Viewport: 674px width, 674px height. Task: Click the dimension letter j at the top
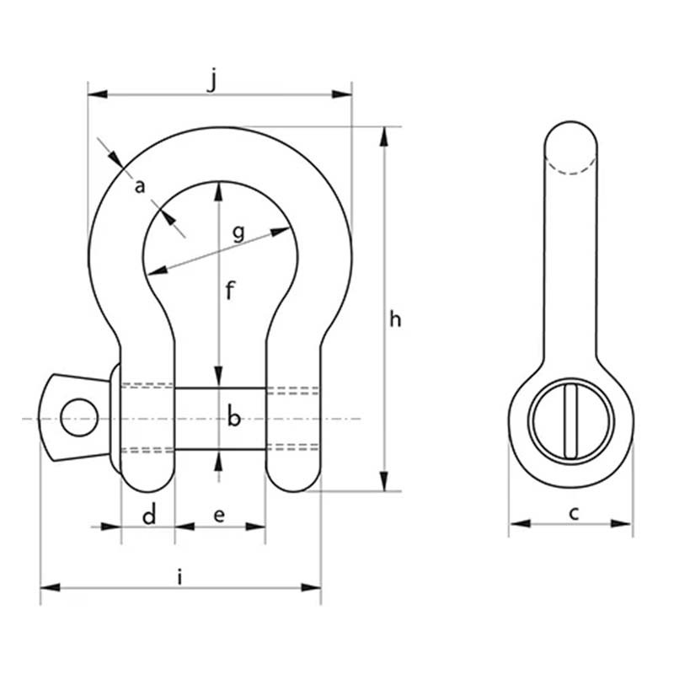click(212, 81)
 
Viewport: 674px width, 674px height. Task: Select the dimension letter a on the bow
click(140, 186)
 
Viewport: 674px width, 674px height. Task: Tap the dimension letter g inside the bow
click(238, 233)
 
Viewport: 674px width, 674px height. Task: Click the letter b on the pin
click(234, 416)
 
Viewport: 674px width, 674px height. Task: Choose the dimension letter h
click(395, 319)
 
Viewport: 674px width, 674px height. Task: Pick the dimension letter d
click(149, 514)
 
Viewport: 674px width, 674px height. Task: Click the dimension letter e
click(219, 516)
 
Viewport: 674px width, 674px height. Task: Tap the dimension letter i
click(179, 577)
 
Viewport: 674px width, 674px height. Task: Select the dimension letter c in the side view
click(574, 513)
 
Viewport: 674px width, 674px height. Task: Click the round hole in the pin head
click(79, 417)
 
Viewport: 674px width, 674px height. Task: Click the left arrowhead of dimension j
click(98, 94)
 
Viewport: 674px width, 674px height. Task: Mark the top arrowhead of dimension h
click(384, 136)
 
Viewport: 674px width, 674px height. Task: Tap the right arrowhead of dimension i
click(311, 587)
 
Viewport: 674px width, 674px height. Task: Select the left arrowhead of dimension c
click(520, 523)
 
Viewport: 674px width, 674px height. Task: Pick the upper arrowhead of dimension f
click(219, 191)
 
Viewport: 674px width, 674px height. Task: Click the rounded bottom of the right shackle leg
click(293, 480)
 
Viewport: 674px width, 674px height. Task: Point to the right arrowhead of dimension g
click(281, 231)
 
